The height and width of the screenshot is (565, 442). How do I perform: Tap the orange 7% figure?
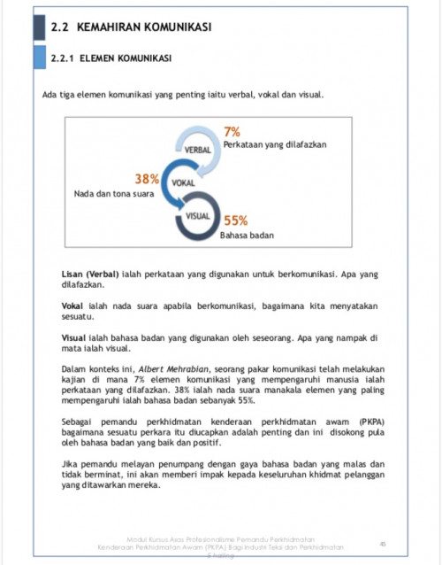pyautogui.click(x=232, y=132)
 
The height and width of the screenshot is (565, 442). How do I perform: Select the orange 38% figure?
pyautogui.click(x=146, y=179)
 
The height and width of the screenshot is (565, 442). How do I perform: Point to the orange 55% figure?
pyautogui.click(x=235, y=221)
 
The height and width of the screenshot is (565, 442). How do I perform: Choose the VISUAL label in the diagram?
pyautogui.click(x=198, y=215)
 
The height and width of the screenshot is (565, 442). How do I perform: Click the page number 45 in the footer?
pyautogui.click(x=383, y=543)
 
